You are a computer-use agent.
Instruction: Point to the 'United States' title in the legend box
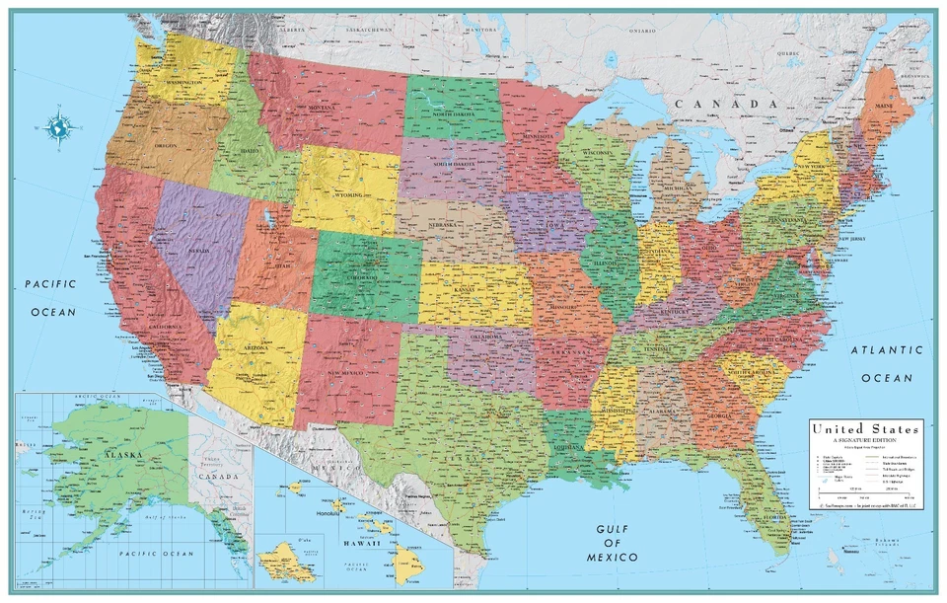click(865, 429)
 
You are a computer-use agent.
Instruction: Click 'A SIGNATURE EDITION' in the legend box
click(865, 440)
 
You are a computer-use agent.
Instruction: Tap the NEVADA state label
click(200, 252)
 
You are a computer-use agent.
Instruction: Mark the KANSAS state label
click(464, 290)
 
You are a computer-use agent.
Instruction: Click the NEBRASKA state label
click(443, 224)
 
